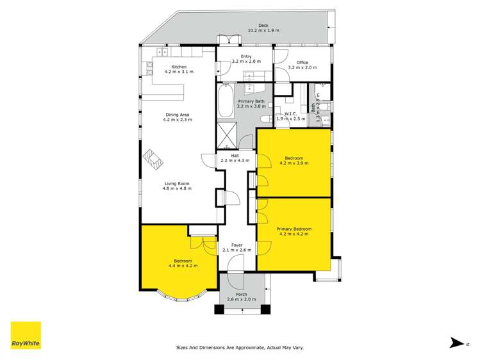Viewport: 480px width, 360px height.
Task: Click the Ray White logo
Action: (26, 335)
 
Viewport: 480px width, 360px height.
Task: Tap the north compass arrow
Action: (456, 343)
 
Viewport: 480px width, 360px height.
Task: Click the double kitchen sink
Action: (162, 52)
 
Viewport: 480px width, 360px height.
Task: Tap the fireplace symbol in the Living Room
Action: (153, 158)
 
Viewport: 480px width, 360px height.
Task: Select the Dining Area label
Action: (176, 115)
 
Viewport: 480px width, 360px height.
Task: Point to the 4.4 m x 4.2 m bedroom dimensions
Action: (183, 265)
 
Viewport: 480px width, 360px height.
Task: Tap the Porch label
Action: (241, 294)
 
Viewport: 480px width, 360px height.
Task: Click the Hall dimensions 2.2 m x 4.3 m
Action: (235, 160)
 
